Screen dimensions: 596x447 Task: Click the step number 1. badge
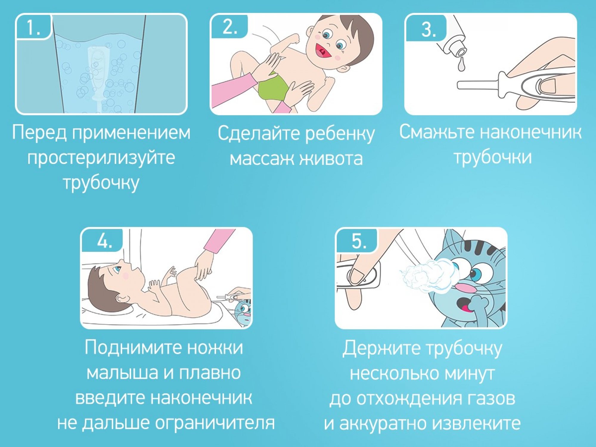tap(34, 27)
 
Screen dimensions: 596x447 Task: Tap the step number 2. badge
tap(229, 26)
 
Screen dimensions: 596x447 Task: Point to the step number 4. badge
tap(103, 240)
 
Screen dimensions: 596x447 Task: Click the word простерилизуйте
tap(101, 158)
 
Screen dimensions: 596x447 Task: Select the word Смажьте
tap(437, 132)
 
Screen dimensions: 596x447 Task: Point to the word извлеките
tap(476, 423)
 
